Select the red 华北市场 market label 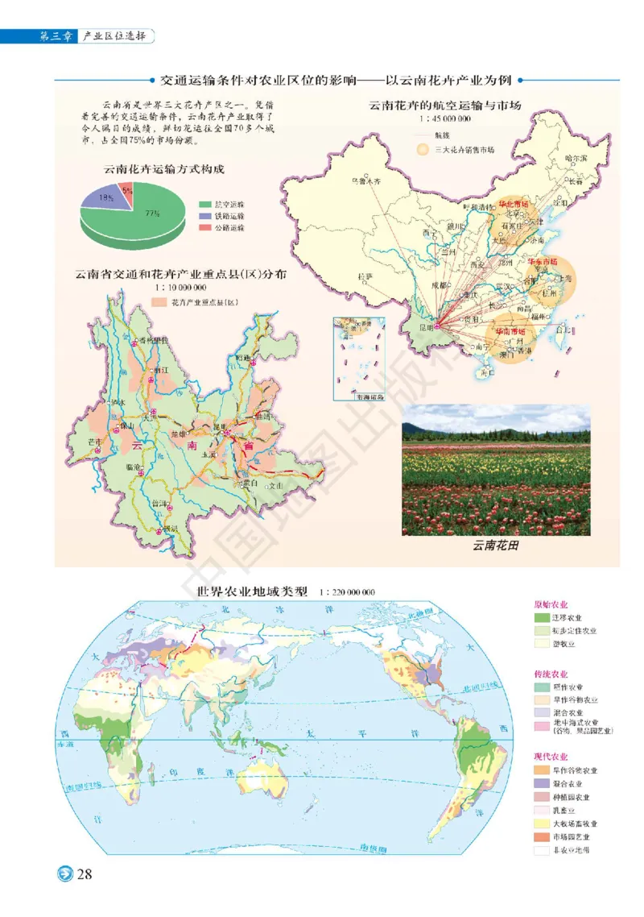(514, 205)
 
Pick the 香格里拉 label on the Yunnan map (152, 342)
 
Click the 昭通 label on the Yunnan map (244, 357)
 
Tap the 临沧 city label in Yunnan (134, 467)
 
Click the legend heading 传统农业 (551, 674)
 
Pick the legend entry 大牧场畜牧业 (576, 824)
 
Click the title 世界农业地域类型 (252, 591)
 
